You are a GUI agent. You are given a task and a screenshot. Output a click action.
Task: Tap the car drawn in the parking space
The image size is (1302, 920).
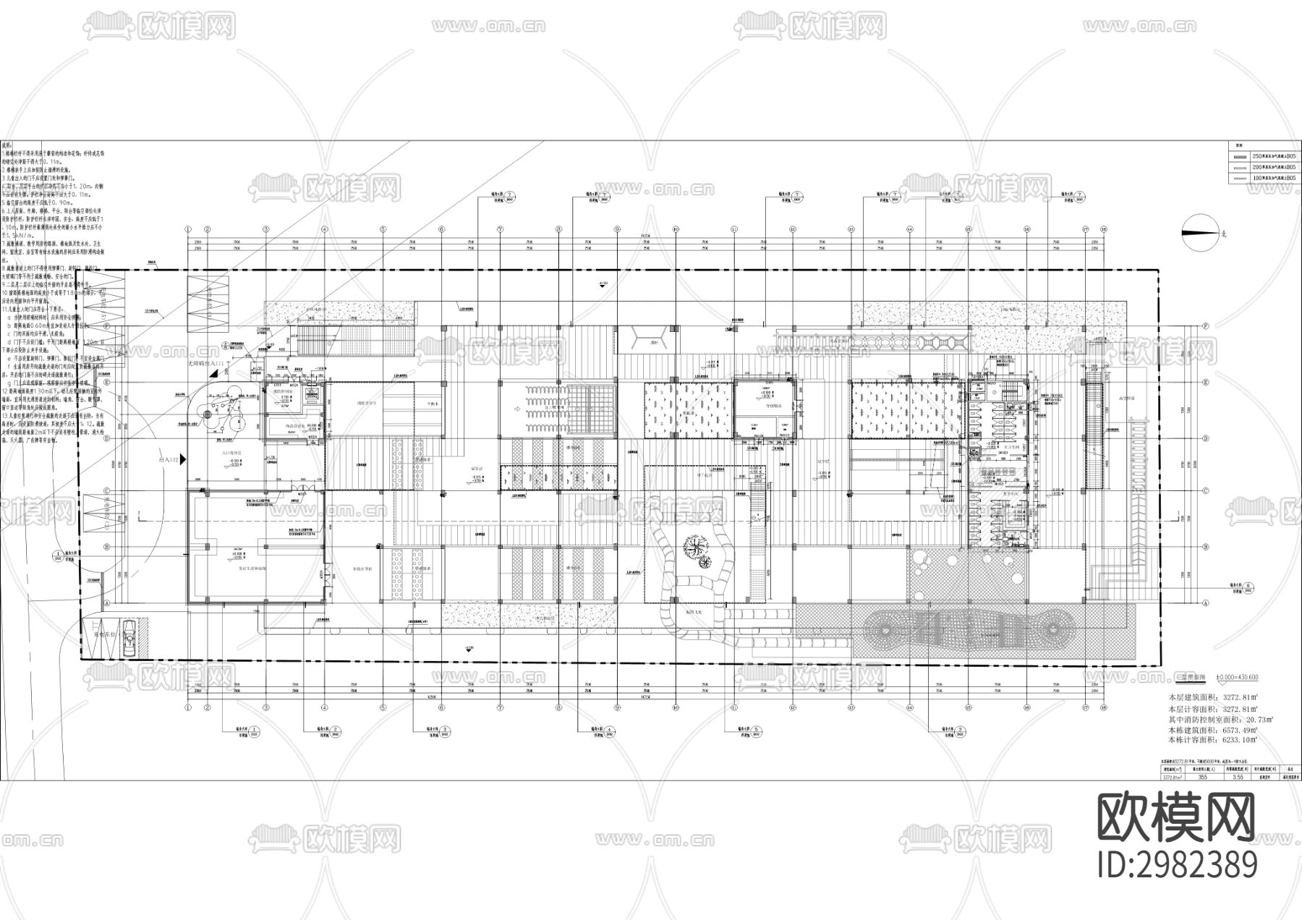point(129,637)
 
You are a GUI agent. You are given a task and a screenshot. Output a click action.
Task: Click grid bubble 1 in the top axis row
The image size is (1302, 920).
point(188,229)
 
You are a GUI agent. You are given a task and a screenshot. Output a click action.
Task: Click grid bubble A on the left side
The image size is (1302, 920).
point(106,602)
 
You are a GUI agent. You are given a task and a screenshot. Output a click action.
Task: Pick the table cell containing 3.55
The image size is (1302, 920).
point(1238,778)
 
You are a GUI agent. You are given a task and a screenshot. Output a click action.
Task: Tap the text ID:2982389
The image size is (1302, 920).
point(1177,864)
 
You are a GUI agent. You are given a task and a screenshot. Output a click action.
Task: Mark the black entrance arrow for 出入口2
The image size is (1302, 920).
point(184,459)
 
